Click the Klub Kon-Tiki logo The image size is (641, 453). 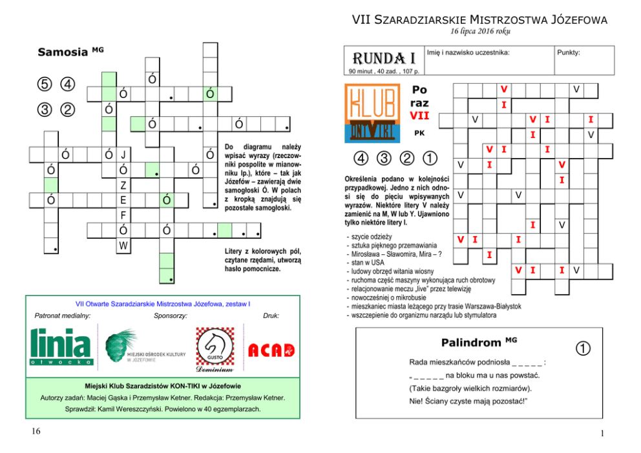373,114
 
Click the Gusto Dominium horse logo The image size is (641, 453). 214,348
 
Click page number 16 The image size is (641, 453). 24,432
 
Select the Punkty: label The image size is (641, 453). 568,52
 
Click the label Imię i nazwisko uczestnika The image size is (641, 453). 468,52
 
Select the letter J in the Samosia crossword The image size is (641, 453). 123,155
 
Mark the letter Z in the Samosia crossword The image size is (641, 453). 123,185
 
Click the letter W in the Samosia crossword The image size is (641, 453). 123,245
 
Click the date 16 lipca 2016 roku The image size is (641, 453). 479,32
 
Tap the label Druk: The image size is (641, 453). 271,316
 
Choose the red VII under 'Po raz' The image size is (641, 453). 419,116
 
